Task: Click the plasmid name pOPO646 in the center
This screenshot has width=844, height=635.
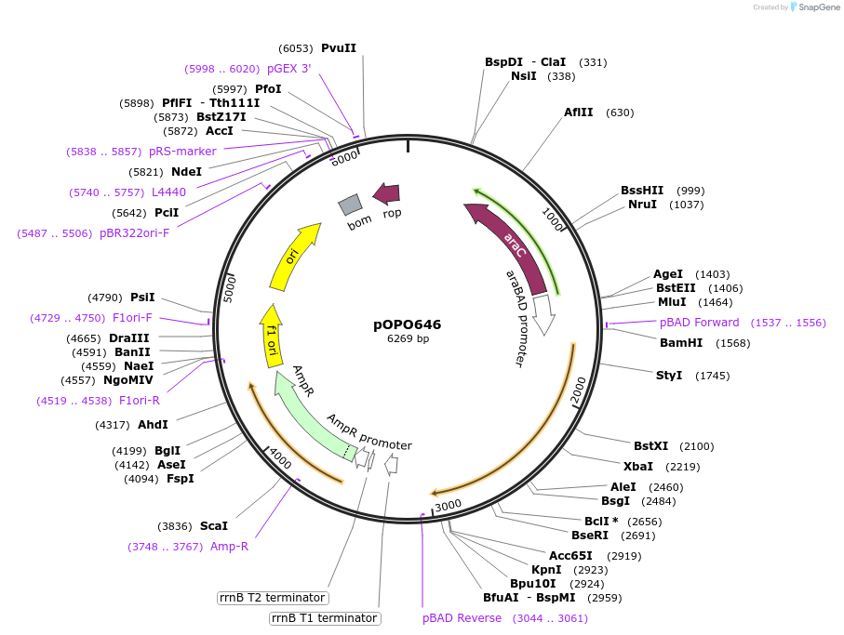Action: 408,324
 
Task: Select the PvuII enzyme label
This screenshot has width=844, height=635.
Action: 338,48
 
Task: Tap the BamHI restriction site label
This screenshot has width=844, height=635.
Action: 680,343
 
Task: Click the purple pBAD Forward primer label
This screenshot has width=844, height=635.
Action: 699,323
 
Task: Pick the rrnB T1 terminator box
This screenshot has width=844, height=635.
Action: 324,618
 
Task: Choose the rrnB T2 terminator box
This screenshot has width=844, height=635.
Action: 273,598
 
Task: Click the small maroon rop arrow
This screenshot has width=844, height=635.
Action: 386,193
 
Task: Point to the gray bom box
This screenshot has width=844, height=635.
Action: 350,205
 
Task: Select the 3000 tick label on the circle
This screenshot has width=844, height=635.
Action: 448,505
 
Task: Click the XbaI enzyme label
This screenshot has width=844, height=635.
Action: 638,467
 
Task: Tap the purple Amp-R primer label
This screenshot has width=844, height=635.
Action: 229,547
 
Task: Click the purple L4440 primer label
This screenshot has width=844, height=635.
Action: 168,192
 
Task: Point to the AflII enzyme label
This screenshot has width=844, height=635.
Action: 578,112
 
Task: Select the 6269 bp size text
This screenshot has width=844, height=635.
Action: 408,339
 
